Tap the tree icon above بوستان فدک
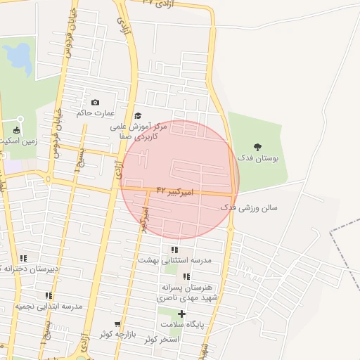click(258, 147)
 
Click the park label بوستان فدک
click(258, 159)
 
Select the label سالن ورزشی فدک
click(250, 208)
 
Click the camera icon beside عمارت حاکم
click(96, 103)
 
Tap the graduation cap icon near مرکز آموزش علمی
click(138, 115)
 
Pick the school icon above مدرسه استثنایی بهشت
click(174, 250)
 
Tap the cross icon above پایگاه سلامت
click(182, 314)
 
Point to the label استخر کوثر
click(162, 340)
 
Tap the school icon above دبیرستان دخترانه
click(23, 258)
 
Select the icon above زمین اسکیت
click(17, 130)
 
